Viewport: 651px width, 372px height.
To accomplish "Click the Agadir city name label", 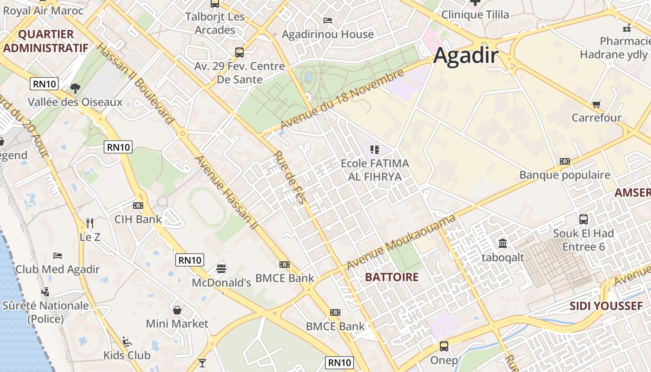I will pos(466,56).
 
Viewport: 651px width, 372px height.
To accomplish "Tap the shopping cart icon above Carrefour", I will pos(596,104).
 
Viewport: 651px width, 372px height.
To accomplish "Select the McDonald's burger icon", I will pos(221,269).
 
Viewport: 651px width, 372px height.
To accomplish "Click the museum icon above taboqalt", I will pos(503,243).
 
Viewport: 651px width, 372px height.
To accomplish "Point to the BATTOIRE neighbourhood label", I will pos(392,277).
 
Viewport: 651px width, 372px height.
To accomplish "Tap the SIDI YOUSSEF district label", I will pos(606,306).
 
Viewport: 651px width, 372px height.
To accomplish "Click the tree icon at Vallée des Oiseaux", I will pos(74,88).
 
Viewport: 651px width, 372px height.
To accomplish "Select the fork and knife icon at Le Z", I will pos(90,223).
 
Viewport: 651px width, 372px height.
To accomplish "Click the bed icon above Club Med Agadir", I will pos(58,256).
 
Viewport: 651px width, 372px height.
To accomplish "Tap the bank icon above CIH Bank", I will pos(138,205).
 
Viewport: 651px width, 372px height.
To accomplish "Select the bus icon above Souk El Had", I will pos(583,219).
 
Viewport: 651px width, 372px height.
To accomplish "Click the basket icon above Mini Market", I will pos(177,310).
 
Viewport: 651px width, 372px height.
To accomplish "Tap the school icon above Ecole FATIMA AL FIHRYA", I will pos(374,149).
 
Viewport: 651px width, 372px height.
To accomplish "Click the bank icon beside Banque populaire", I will pos(565,161).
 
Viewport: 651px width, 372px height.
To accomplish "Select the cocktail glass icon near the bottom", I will pos(202,363).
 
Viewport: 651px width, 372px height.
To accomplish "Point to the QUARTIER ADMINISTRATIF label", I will pos(46,41).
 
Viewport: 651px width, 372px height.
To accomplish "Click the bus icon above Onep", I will pos(444,346).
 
